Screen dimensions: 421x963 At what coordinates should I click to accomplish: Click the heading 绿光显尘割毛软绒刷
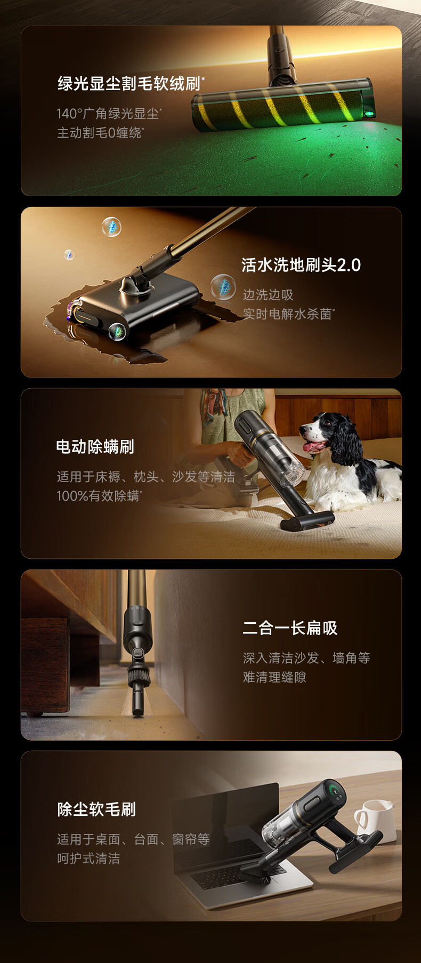click(x=129, y=84)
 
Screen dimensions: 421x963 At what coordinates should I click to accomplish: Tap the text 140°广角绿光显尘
click(x=108, y=114)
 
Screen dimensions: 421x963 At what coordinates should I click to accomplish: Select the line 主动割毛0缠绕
click(x=99, y=133)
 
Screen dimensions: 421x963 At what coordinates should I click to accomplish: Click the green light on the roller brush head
click(x=368, y=113)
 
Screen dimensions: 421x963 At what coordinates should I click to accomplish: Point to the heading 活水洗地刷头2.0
click(x=301, y=265)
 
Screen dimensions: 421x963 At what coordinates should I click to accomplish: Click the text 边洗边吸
click(x=268, y=295)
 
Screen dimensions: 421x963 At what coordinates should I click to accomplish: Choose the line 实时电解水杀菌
click(x=287, y=314)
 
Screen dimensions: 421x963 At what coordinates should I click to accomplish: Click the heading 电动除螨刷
click(x=95, y=446)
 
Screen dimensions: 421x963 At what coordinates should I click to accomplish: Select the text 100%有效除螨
click(x=98, y=496)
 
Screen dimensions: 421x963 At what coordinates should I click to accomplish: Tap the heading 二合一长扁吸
click(x=290, y=628)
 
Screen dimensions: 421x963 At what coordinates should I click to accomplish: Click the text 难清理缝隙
click(x=274, y=677)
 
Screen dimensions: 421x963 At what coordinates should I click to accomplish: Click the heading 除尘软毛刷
click(x=96, y=809)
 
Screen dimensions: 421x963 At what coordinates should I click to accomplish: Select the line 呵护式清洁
click(x=88, y=858)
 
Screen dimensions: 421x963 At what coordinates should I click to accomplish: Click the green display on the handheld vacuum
click(x=335, y=791)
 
